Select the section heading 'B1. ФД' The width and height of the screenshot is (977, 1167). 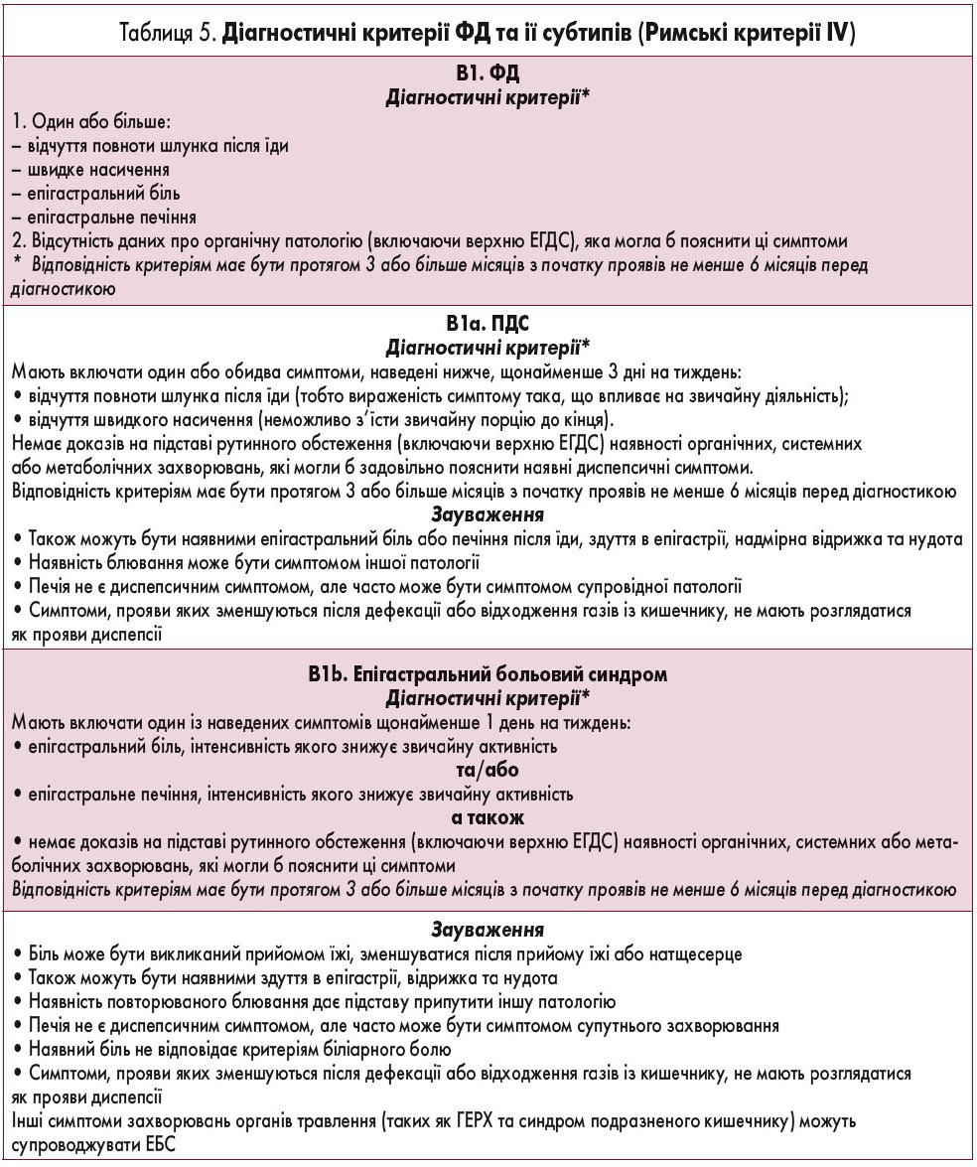click(488, 74)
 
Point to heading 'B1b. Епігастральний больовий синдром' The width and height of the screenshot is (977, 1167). click(488, 674)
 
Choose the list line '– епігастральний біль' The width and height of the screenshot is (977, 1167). click(96, 193)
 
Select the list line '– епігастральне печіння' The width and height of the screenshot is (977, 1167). click(104, 217)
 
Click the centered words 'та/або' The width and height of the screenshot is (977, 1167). click(488, 770)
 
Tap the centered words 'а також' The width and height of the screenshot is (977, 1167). click(488, 817)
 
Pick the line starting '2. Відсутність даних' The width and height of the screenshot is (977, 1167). click(436, 241)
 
